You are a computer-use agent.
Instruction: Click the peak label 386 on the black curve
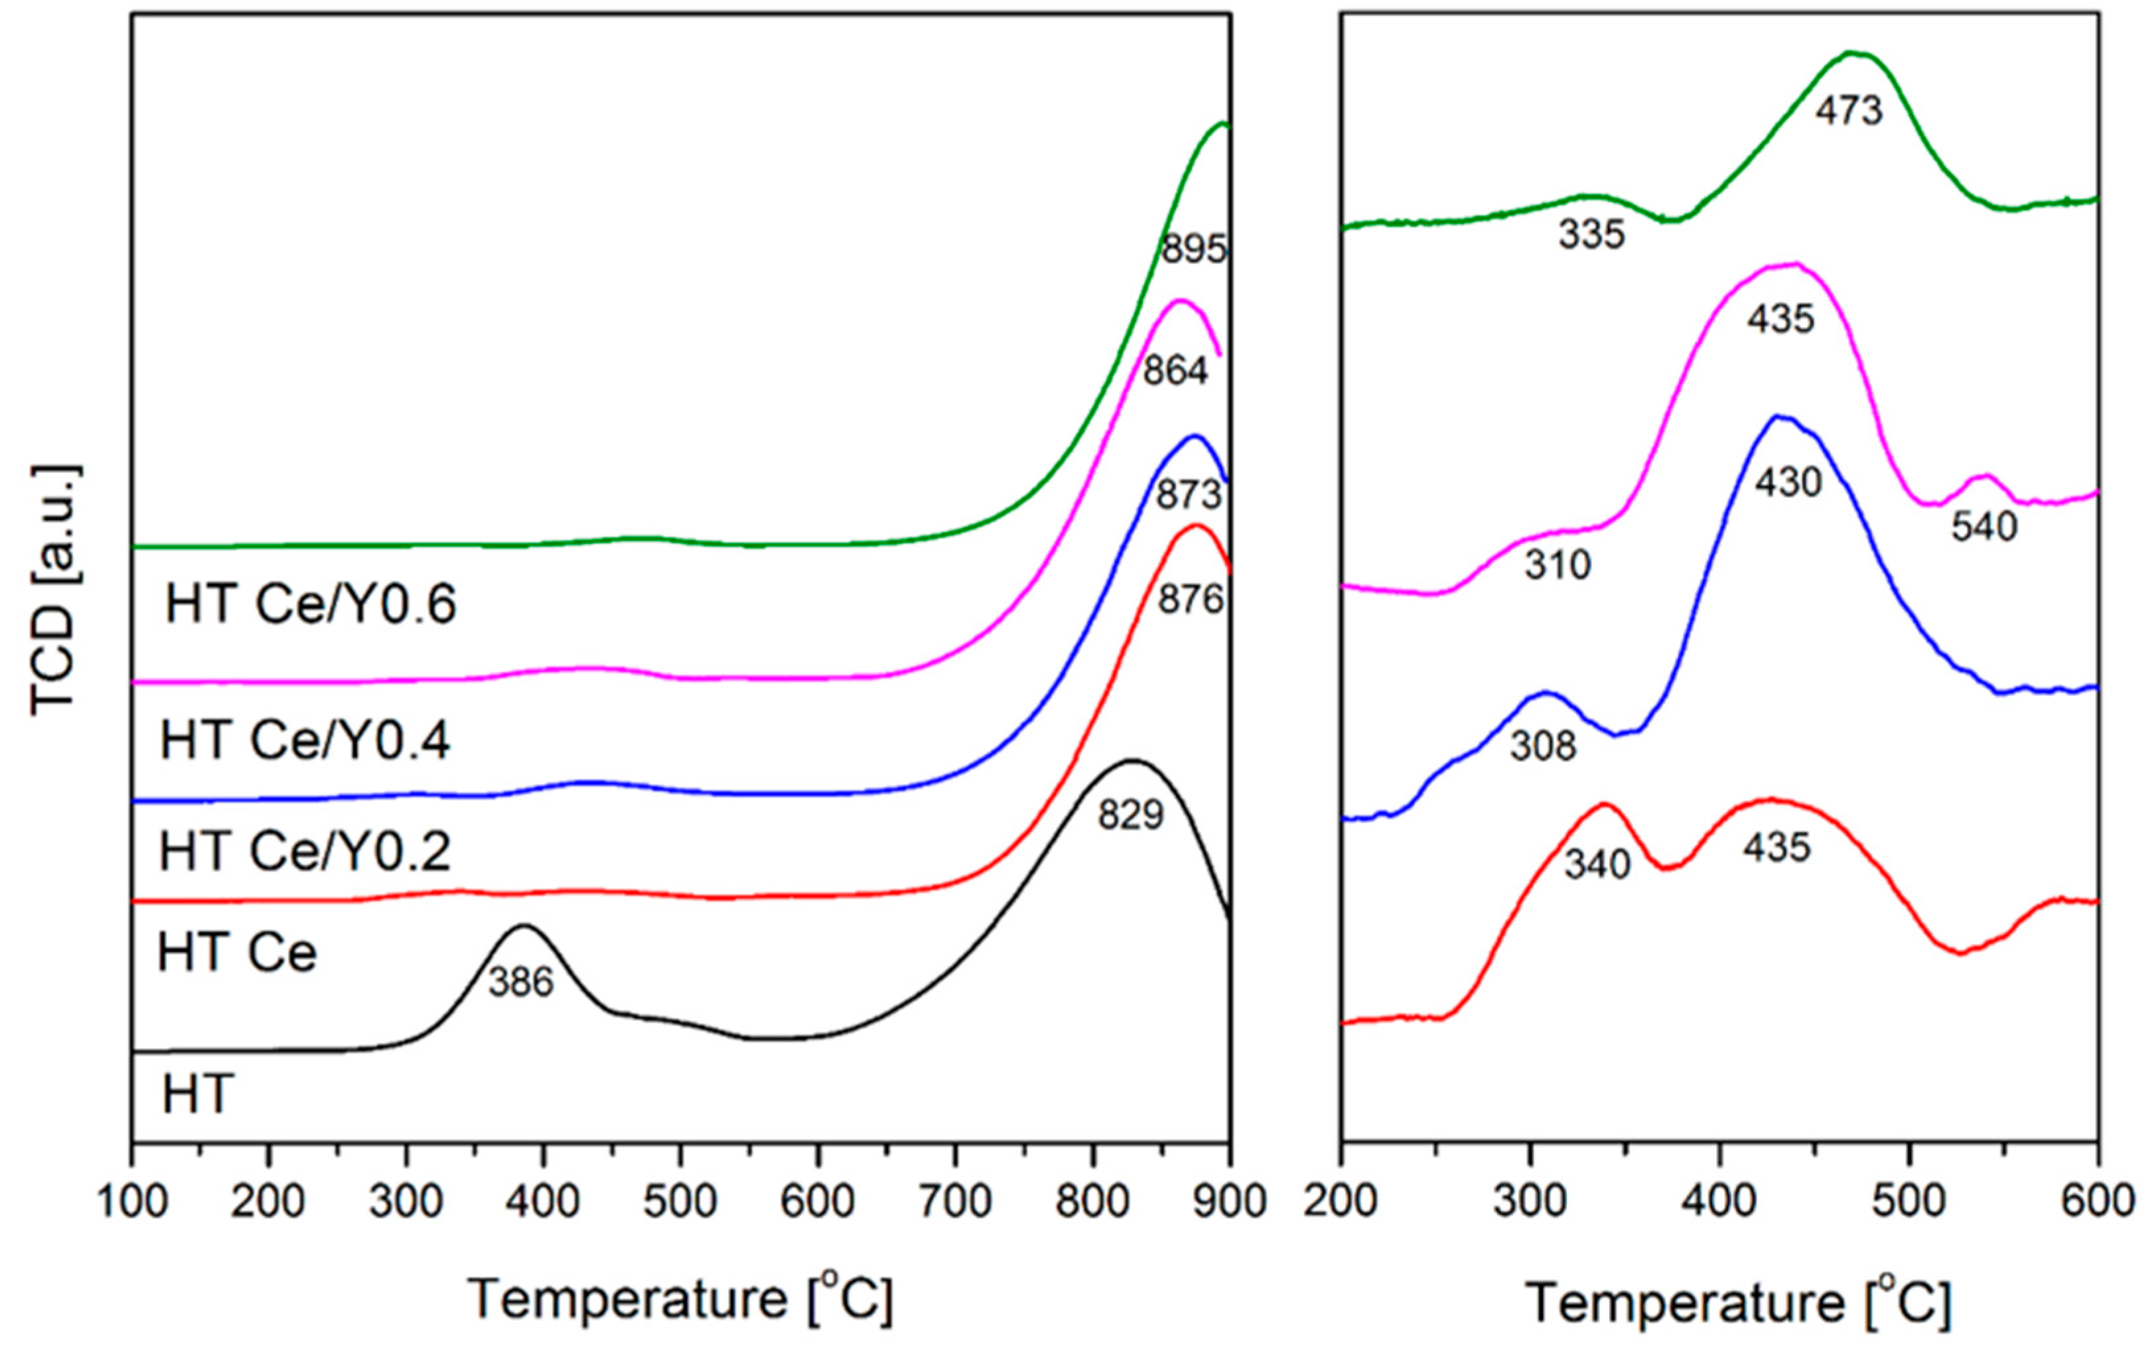point(521,982)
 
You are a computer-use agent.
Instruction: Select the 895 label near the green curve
point(1194,250)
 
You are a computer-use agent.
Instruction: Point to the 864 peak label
point(1176,371)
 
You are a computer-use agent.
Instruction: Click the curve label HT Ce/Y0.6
point(310,605)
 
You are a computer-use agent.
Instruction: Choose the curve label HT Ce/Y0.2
point(305,851)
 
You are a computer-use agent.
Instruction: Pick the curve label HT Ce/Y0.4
point(305,740)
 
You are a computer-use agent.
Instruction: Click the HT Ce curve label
point(237,953)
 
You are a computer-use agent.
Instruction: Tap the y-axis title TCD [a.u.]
point(55,590)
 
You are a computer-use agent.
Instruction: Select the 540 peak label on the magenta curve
point(1984,527)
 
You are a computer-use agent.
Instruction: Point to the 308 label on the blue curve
point(1543,746)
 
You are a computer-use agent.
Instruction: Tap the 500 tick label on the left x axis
point(681,1201)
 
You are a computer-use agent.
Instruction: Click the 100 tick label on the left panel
point(132,1201)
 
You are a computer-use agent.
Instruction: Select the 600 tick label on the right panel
point(2097,1201)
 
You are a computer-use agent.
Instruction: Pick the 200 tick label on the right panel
point(1340,1201)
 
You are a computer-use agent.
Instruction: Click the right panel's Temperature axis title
point(1738,1302)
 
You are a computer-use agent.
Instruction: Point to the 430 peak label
point(1787,483)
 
